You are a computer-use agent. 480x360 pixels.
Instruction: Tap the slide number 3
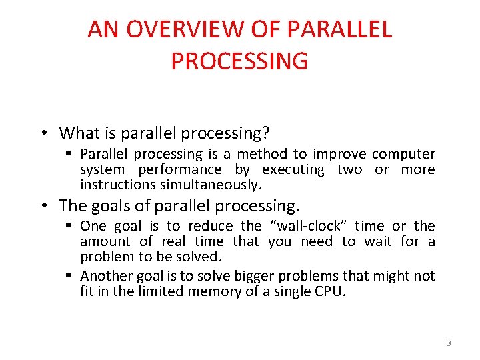[x=449, y=343]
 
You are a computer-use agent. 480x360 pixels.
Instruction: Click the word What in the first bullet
[x=79, y=133]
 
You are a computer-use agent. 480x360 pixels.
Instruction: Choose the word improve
[x=340, y=155]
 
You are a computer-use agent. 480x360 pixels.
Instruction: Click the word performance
[x=179, y=170]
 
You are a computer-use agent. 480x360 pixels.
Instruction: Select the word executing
[x=293, y=170]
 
